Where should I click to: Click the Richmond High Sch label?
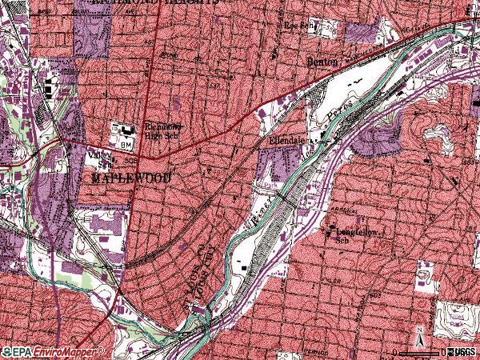click(164, 130)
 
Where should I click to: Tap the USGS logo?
click(463, 352)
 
